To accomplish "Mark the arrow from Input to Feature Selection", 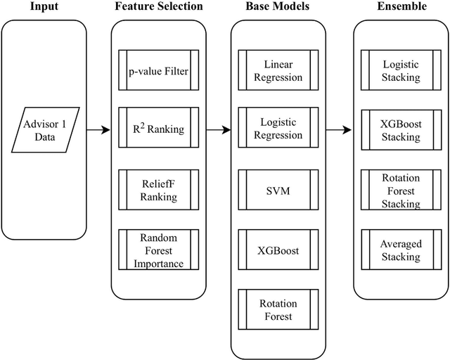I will coord(98,129).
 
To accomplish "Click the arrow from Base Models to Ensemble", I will coord(340,129).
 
